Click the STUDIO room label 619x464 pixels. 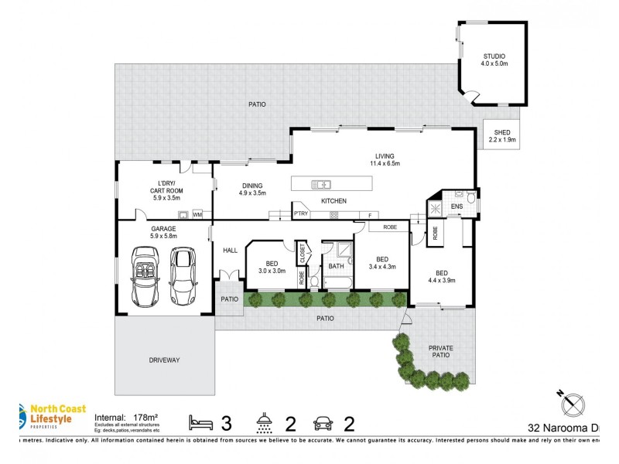coord(494,56)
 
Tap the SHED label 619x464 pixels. coord(502,132)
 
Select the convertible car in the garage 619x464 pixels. coord(145,275)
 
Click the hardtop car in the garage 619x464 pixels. coord(183,275)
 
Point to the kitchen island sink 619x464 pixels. coord(321,184)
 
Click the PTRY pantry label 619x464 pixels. coord(301,214)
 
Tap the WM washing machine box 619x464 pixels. coord(197,214)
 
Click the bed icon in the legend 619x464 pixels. coord(202,422)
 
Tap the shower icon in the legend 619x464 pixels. coord(265,422)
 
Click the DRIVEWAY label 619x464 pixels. coord(164,360)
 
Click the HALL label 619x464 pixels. coord(230,250)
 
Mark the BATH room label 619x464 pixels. coord(336,266)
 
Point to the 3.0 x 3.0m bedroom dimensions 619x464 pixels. coord(272,271)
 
